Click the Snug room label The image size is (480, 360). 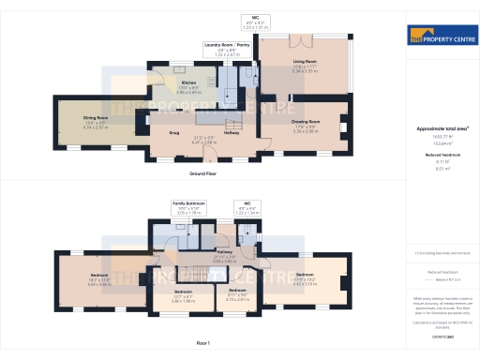click(174, 132)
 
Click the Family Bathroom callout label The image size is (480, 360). click(189, 202)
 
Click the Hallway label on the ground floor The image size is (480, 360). click(232, 133)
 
